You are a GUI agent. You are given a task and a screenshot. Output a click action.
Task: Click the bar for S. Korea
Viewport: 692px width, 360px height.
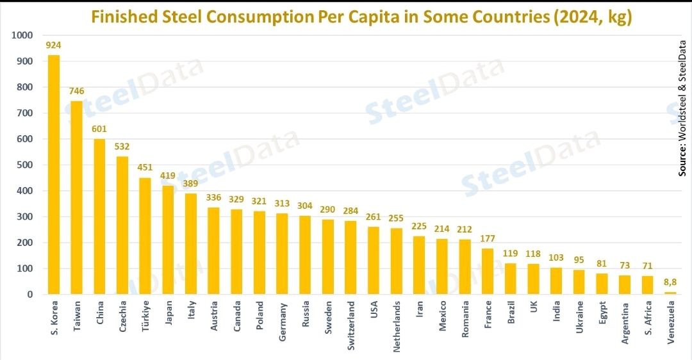point(54,174)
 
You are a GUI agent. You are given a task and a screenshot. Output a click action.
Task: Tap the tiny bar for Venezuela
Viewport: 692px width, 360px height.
point(670,293)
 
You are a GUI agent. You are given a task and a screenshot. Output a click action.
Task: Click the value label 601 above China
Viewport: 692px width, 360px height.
point(99,129)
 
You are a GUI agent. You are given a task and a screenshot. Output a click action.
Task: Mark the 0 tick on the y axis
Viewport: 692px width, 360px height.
point(29,295)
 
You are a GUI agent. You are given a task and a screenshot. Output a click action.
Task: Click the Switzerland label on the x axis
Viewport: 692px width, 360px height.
point(351,327)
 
